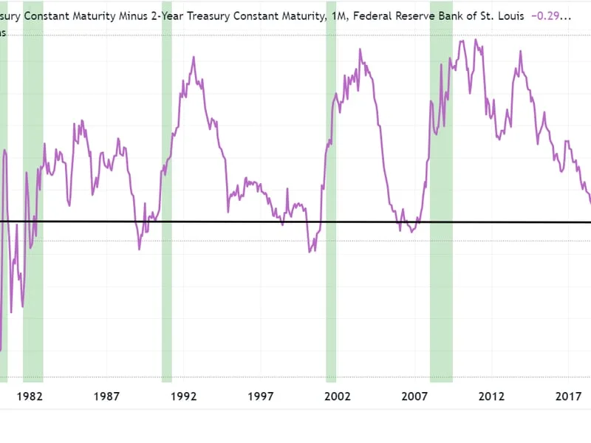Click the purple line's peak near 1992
click(x=194, y=57)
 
